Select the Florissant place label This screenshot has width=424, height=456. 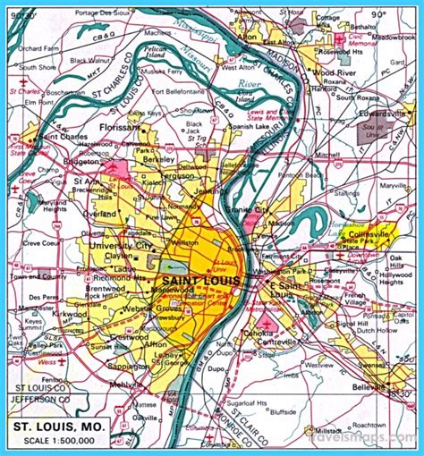[x=123, y=128]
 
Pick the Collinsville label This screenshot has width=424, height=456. [x=372, y=232]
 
